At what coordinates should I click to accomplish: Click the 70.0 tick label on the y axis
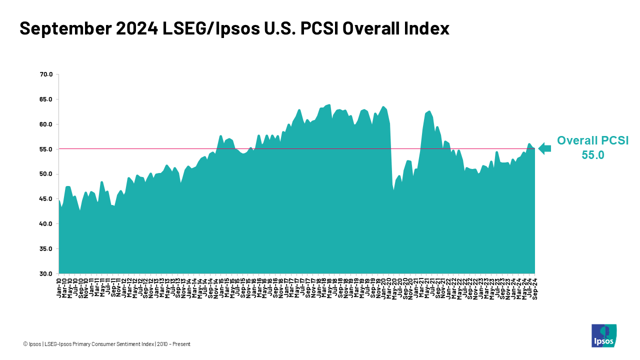[46, 74]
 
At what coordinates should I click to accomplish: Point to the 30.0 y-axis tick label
[46, 274]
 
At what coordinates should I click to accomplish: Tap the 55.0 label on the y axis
[46, 149]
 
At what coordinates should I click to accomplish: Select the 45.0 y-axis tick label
[46, 199]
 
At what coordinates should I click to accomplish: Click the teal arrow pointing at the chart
[544, 148]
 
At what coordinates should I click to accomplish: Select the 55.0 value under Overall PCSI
[592, 155]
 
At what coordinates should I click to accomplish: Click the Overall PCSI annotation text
[592, 140]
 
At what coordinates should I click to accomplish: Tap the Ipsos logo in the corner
[603, 335]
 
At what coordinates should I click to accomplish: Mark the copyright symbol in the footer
[25, 344]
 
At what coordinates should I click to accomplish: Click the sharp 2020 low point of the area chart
[394, 190]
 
